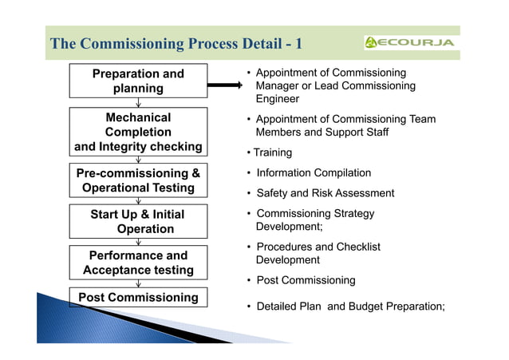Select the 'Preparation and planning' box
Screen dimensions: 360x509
[x=138, y=81]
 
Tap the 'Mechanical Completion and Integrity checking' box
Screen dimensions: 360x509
[x=138, y=132]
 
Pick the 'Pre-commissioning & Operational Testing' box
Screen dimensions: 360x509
[x=138, y=180]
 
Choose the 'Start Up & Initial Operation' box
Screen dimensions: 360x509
[x=138, y=221]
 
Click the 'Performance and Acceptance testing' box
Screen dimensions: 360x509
[x=138, y=263]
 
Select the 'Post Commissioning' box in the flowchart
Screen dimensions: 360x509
[x=138, y=297]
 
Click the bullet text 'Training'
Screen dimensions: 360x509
[x=272, y=152]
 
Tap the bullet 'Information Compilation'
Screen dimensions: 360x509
[x=314, y=172]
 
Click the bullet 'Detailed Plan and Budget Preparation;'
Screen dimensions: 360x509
[x=349, y=307]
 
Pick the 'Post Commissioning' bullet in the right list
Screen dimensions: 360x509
[x=306, y=280]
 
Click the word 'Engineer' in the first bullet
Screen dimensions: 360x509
[x=278, y=99]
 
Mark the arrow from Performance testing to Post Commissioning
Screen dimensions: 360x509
[x=139, y=283]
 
